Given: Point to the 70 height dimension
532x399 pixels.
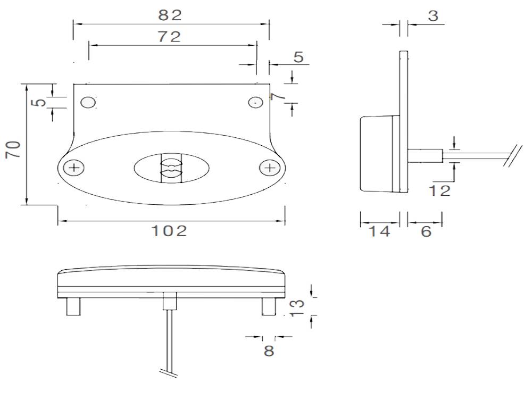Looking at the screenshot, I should (x=13, y=149).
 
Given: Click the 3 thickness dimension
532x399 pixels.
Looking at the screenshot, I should (x=433, y=16).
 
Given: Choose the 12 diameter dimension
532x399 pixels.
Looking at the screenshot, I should (x=440, y=190).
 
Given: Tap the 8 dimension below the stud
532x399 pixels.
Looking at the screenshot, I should (x=269, y=351).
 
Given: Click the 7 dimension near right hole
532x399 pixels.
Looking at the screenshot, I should (x=275, y=97).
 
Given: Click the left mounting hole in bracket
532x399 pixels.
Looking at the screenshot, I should (x=88, y=102).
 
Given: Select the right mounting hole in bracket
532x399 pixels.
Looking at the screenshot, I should (x=256, y=102).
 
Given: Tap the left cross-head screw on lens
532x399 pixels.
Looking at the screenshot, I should (x=74, y=169).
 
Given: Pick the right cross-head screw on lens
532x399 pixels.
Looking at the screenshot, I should (x=270, y=168).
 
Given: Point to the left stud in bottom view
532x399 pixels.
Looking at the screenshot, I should (x=73, y=307).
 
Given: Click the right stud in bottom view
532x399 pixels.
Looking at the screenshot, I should (x=269, y=307).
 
